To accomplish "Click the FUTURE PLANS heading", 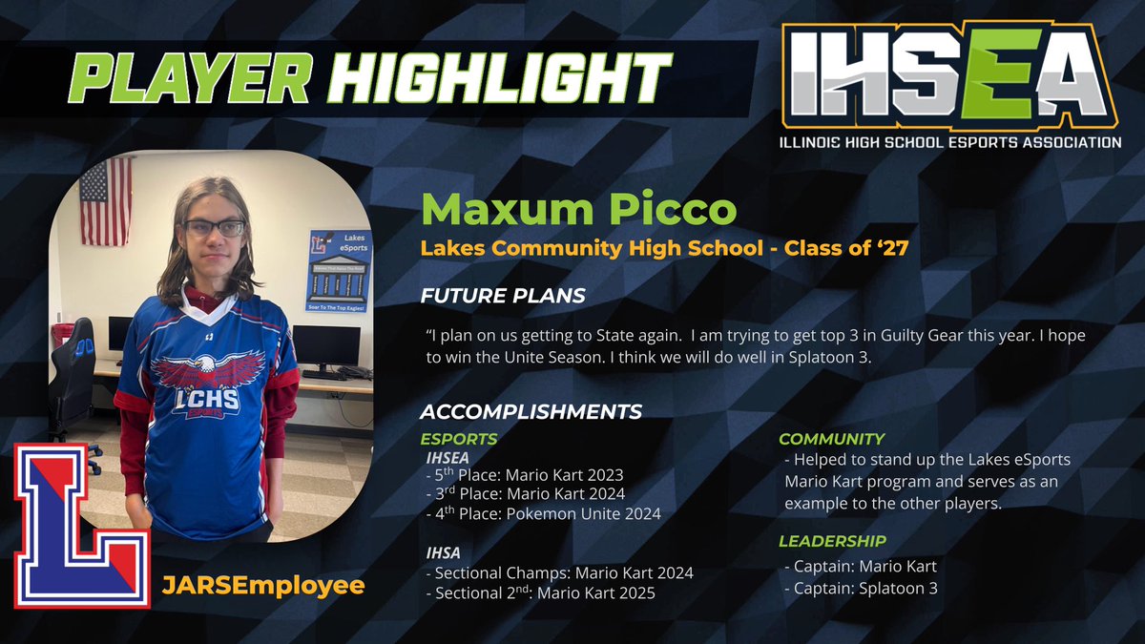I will click(x=504, y=295).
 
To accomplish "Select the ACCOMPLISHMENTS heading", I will click(x=531, y=412).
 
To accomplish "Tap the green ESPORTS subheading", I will click(x=459, y=439).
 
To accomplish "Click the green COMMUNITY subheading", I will click(x=832, y=439).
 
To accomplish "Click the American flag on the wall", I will click(x=106, y=201).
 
